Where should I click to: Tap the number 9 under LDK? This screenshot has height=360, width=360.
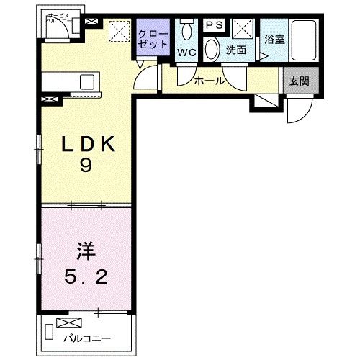coord(86,166)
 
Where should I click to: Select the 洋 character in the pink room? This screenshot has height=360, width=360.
coord(85,253)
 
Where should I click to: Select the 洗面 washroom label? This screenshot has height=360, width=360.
coord(236,51)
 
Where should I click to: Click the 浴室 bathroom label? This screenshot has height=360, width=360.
coord(274,40)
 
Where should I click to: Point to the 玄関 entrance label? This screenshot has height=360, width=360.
coord(299,81)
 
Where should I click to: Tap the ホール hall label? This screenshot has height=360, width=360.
coord(210,81)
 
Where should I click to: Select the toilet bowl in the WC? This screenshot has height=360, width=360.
coord(188,30)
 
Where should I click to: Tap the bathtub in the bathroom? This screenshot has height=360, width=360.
coord(305,42)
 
